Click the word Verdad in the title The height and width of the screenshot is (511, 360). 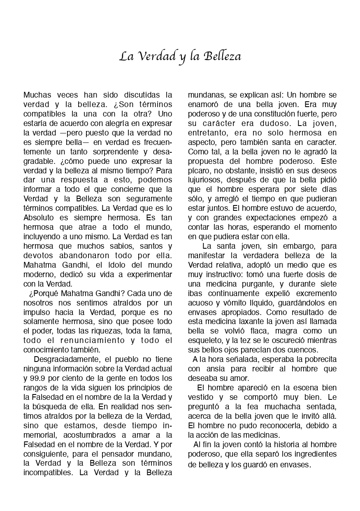[x=154, y=56]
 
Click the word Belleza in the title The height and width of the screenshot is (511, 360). [x=222, y=56]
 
